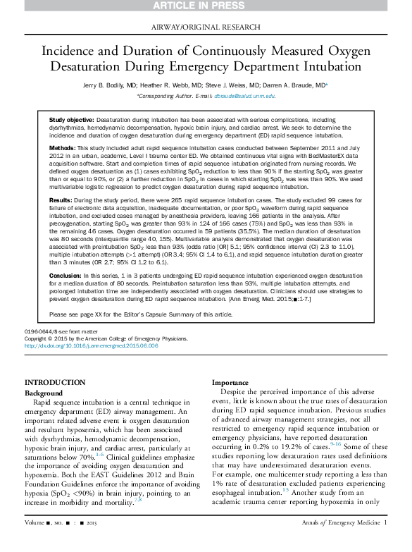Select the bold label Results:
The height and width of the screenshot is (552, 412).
click(x=61, y=201)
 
